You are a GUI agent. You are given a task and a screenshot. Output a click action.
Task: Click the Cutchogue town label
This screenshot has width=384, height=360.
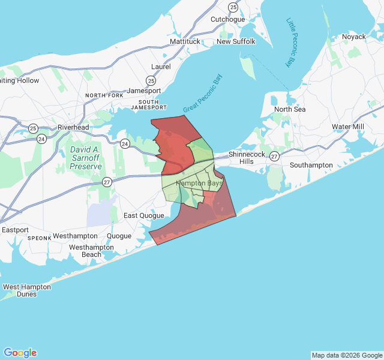pyautogui.click(x=227, y=19)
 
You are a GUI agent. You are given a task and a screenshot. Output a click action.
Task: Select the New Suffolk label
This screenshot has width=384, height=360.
pyautogui.click(x=236, y=41)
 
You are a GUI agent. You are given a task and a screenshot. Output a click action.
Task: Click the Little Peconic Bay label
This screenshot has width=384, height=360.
pyautogui.click(x=292, y=42)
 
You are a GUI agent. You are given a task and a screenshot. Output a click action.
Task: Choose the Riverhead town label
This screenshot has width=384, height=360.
pyautogui.click(x=73, y=127)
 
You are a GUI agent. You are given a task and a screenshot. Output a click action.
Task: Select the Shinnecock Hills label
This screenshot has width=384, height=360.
pyautogui.click(x=241, y=158)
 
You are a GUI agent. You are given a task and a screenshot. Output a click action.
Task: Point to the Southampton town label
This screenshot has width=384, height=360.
pyautogui.click(x=311, y=165)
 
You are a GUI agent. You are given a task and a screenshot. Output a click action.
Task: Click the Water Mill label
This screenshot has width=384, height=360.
pyautogui.click(x=348, y=127)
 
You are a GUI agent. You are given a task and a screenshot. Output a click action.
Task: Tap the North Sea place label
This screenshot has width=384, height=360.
pyautogui.click(x=290, y=109)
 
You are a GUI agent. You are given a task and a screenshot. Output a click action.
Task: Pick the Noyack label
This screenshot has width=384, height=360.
pyautogui.click(x=354, y=37)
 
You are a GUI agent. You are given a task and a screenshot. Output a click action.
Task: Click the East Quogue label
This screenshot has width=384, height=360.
pyautogui.click(x=143, y=215)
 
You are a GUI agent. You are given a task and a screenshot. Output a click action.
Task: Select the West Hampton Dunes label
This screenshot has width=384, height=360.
pyautogui.click(x=27, y=290)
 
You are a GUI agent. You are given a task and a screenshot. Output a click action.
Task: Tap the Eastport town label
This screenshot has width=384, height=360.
pyautogui.click(x=15, y=230)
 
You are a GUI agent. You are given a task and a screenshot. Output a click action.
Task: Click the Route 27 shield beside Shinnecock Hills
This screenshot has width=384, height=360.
pyautogui.click(x=274, y=156)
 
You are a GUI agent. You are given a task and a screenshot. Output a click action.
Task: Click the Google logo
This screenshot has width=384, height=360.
pyautogui.click(x=20, y=353)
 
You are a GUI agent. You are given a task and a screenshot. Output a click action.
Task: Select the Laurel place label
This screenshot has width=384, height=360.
pyautogui.click(x=161, y=67)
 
